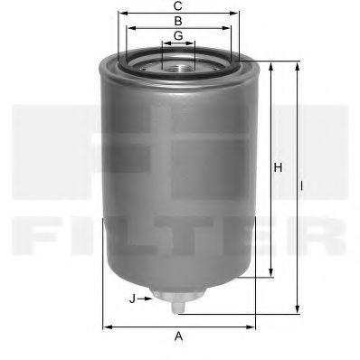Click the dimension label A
pyautogui.click(x=179, y=337)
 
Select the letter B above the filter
pyautogui.click(x=179, y=20)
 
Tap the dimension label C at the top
pyautogui.click(x=179, y=5)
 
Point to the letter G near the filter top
pyautogui.click(x=179, y=35)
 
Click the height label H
pyautogui.click(x=279, y=168)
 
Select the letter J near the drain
pyautogui.click(x=132, y=297)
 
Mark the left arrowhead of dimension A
pyautogui.click(x=107, y=326)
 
